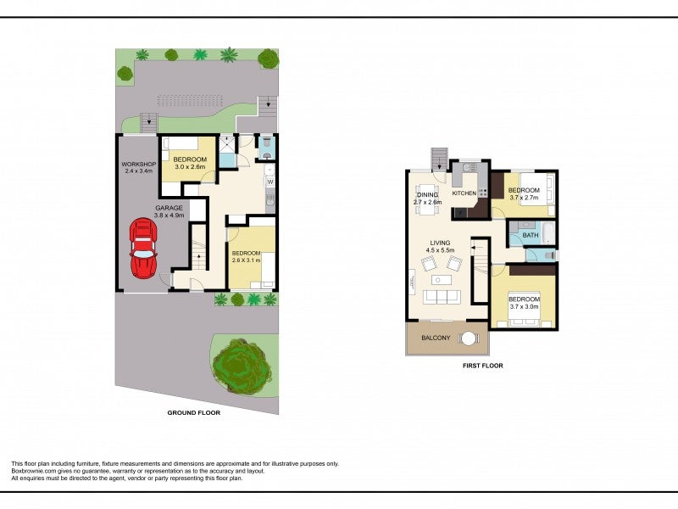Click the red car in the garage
(144, 247)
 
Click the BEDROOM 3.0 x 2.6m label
(189, 162)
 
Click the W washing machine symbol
(270, 181)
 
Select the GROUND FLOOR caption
(193, 413)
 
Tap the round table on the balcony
(468, 338)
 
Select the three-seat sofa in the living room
(441, 296)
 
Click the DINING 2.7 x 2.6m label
(427, 199)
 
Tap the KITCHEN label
(464, 194)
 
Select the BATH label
(531, 235)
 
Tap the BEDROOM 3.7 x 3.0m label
(524, 303)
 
